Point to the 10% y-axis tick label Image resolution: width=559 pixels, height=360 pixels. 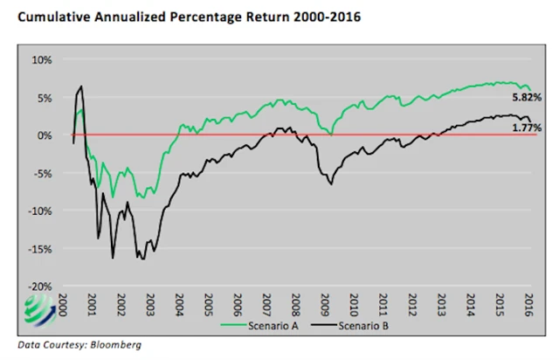tap(42, 59)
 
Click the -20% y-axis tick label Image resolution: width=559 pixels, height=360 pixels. tap(40, 286)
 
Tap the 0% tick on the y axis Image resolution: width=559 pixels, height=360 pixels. tap(45, 135)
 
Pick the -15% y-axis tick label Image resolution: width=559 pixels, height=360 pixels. tap(40, 248)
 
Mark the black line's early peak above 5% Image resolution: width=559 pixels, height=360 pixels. tap(81, 87)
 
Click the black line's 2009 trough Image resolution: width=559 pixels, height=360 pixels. tap(332, 184)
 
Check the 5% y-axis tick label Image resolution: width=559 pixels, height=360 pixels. tap(44, 98)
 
